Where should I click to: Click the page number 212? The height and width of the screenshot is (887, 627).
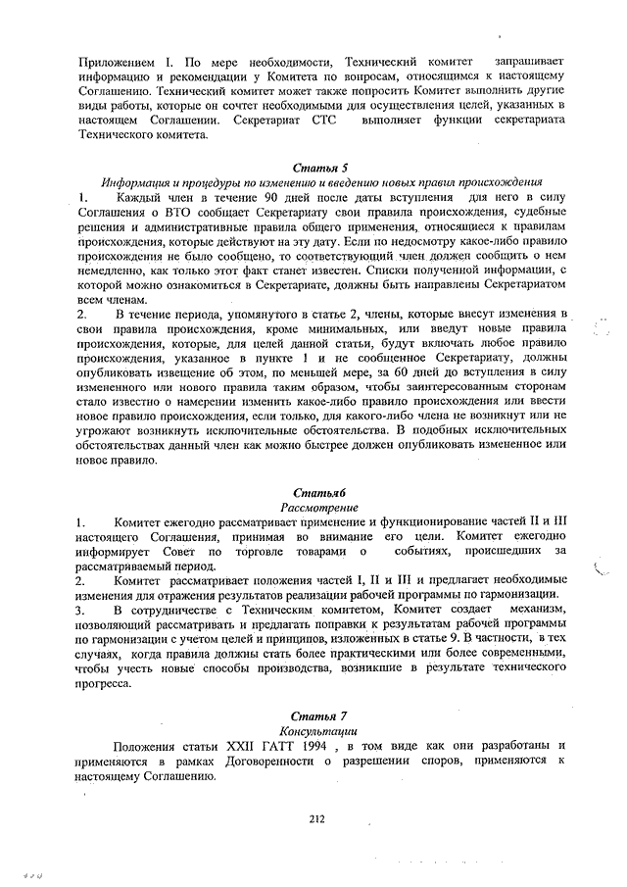[315, 819]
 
